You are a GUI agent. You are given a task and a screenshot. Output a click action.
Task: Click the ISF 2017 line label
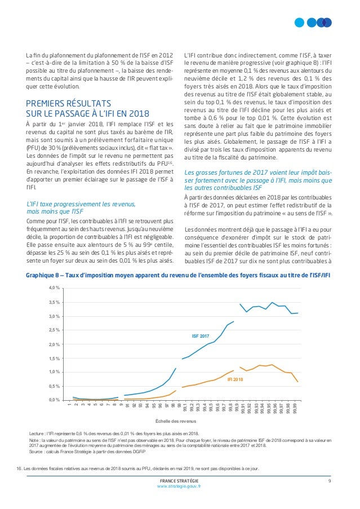[201, 336]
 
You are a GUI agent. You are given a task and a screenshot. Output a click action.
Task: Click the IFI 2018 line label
[235, 379]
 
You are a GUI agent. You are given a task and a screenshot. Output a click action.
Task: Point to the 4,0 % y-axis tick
[54, 287]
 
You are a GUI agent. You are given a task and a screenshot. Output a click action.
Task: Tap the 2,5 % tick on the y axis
[54, 330]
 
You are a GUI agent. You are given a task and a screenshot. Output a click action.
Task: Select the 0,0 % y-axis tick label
[54, 400]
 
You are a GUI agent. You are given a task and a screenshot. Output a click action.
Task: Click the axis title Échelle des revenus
[176, 421]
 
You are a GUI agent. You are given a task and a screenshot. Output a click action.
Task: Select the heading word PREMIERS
[45, 104]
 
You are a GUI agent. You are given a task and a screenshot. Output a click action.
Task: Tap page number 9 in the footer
[330, 481]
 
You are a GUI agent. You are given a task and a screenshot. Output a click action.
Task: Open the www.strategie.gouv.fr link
[179, 486]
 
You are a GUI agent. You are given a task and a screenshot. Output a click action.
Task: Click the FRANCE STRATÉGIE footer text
[179, 481]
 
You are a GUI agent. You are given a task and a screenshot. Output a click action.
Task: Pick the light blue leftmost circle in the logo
[299, 23]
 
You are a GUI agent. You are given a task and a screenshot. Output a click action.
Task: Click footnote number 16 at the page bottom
[19, 468]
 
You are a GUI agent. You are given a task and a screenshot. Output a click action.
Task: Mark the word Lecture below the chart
[36, 433]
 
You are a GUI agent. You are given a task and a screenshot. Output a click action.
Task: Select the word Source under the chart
[35, 452]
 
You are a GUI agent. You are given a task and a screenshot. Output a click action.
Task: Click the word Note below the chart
[34, 440]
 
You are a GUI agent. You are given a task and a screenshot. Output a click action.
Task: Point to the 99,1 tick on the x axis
[185, 408]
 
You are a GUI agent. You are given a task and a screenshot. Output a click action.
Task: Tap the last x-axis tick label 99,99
[295, 408]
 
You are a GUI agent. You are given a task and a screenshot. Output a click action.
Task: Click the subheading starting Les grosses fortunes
[258, 180]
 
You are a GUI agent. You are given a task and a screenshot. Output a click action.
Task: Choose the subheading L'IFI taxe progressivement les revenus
[81, 208]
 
